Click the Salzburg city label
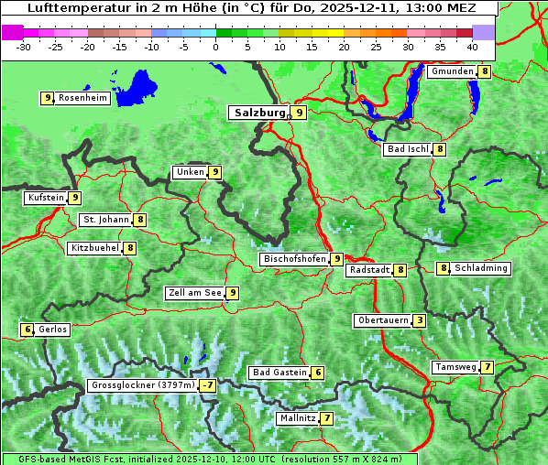260,113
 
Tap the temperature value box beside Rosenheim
47,98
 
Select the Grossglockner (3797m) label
143,385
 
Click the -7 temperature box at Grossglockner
208,385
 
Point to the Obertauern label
382,320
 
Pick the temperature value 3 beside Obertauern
419,320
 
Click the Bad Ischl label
408,149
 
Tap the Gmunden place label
452,71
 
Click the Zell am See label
195,293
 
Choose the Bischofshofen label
294,259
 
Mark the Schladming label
481,268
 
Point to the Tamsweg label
455,367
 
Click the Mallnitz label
298,418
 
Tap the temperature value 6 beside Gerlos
27,330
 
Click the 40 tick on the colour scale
472,46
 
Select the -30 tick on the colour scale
24,46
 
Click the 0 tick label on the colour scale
216,46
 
